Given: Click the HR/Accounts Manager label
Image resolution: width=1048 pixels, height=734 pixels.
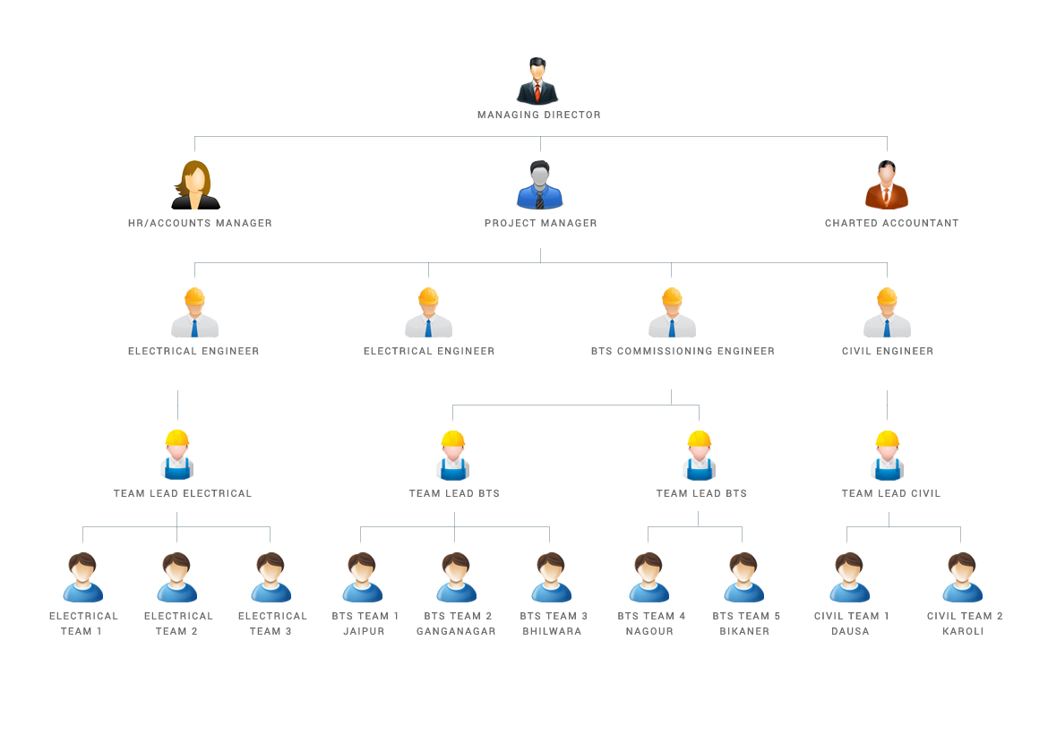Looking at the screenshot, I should coord(200,223).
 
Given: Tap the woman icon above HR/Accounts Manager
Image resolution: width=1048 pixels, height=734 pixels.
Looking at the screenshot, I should coord(195,184).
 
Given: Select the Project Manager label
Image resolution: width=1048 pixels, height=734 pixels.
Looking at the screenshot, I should coord(540,223).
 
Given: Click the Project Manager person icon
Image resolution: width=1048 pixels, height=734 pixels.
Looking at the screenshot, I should coord(539,185).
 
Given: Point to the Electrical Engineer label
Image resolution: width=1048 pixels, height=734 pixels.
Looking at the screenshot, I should coord(429,351).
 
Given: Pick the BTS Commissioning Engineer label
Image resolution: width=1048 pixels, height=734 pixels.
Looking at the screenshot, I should coord(683,351).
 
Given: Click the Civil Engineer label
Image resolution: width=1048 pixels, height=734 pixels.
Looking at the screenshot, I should coord(887,351).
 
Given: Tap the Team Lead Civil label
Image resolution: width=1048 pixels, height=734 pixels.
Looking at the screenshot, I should coord(890,493).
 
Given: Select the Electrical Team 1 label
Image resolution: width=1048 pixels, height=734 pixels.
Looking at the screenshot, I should coord(83,623).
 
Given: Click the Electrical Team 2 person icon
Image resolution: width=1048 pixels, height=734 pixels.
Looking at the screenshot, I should coord(177,577).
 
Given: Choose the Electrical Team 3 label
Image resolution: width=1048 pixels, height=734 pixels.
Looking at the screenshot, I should coord(272,623).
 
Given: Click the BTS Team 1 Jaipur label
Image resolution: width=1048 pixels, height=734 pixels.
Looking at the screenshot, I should coord(365,623).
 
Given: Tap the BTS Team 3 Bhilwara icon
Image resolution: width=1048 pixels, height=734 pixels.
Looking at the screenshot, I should coord(552,577).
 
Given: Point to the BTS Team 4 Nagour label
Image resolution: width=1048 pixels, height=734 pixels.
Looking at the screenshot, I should coord(651,623).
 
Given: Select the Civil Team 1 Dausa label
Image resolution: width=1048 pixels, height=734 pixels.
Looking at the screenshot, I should coord(851,623).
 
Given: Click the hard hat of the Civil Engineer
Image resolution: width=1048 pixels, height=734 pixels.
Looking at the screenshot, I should coord(887,296).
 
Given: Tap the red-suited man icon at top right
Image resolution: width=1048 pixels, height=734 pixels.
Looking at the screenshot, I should coord(887,184).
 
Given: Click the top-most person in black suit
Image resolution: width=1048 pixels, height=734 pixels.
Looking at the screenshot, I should coord(537,81).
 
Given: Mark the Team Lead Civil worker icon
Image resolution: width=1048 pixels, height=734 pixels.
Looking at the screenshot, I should coord(887,455).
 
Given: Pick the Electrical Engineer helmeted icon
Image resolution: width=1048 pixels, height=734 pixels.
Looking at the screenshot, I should coord(428,312).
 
